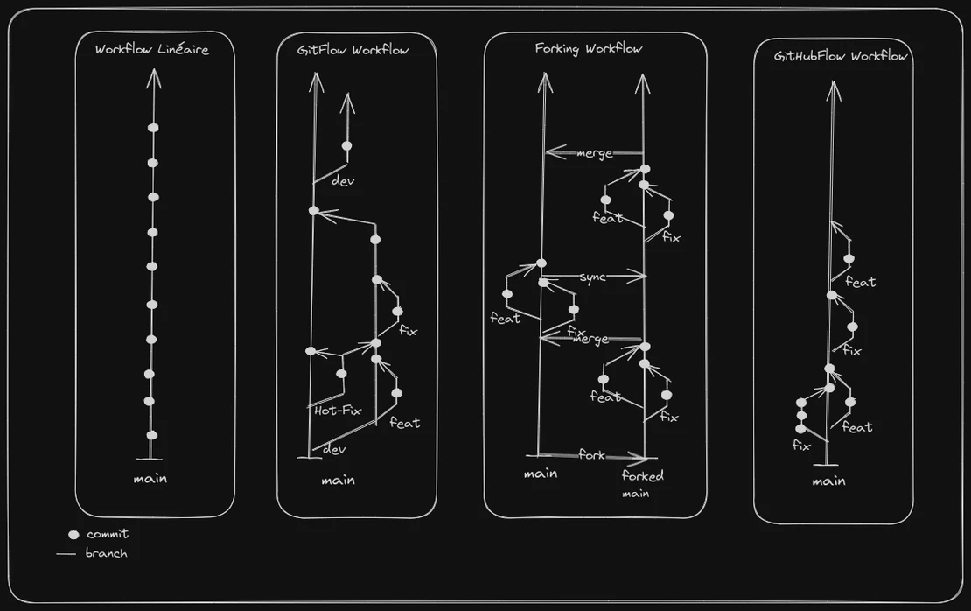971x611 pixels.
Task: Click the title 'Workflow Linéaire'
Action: [x=152, y=50]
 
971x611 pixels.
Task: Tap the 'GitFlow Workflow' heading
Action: [x=355, y=50]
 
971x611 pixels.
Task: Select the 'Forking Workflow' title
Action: [x=589, y=48]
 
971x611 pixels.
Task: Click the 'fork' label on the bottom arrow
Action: [x=592, y=455]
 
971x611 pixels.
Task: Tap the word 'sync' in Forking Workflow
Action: [x=592, y=277]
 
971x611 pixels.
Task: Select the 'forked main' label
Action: [x=643, y=484]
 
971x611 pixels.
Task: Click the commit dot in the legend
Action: [x=73, y=534]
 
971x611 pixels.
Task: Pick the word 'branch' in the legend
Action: [x=106, y=553]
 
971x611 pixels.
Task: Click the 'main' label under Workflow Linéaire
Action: [x=150, y=479]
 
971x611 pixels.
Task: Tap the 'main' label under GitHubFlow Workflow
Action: [x=828, y=481]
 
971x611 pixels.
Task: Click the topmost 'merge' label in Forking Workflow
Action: [x=595, y=153]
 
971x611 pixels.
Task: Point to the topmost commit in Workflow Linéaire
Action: [x=153, y=128]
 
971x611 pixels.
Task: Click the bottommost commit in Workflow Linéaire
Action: [x=151, y=435]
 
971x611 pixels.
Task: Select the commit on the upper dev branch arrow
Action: [x=346, y=145]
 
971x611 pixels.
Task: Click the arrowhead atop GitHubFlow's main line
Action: [x=833, y=88]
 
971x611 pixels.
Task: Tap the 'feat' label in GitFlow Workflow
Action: [x=404, y=423]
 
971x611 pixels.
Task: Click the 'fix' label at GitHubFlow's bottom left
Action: [x=801, y=446]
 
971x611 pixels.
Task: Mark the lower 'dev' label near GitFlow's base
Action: [x=334, y=449]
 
